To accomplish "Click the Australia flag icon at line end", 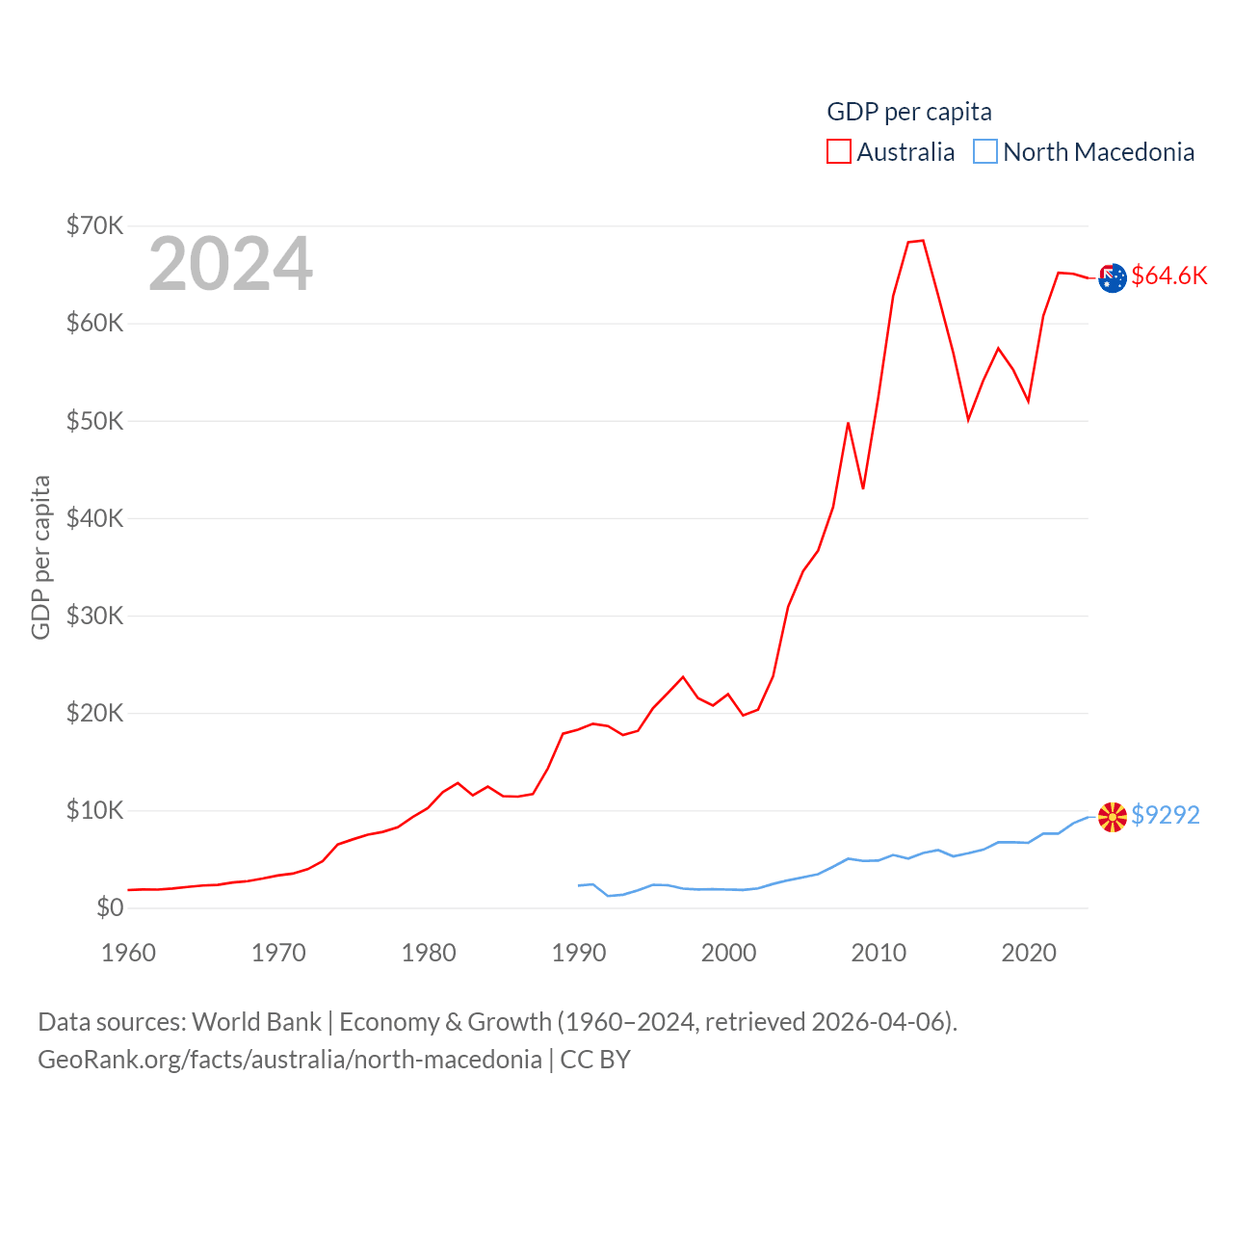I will (x=1113, y=277).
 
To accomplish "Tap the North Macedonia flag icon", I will (x=1113, y=817).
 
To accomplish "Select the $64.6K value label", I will (x=1169, y=275).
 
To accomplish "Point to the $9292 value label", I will (x=1166, y=815).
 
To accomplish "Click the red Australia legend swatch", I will (x=839, y=152).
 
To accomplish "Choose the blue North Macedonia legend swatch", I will (x=985, y=152).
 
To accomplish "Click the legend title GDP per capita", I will (x=909, y=112).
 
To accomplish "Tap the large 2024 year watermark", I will (x=230, y=264).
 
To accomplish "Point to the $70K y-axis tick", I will (x=94, y=226).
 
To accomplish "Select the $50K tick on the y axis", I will (x=94, y=421).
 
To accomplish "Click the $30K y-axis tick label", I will (x=94, y=616).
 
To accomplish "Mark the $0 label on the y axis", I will (x=110, y=907).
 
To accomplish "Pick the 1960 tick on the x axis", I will (x=129, y=953).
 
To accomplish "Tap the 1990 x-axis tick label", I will (x=579, y=953).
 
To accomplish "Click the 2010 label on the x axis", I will (x=879, y=953).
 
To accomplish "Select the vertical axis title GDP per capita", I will (x=40, y=557).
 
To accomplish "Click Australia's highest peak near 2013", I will (x=923, y=241).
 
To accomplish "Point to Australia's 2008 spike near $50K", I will (x=848, y=423).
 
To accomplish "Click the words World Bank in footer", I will (x=257, y=1021).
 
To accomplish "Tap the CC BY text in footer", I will (x=595, y=1060).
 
